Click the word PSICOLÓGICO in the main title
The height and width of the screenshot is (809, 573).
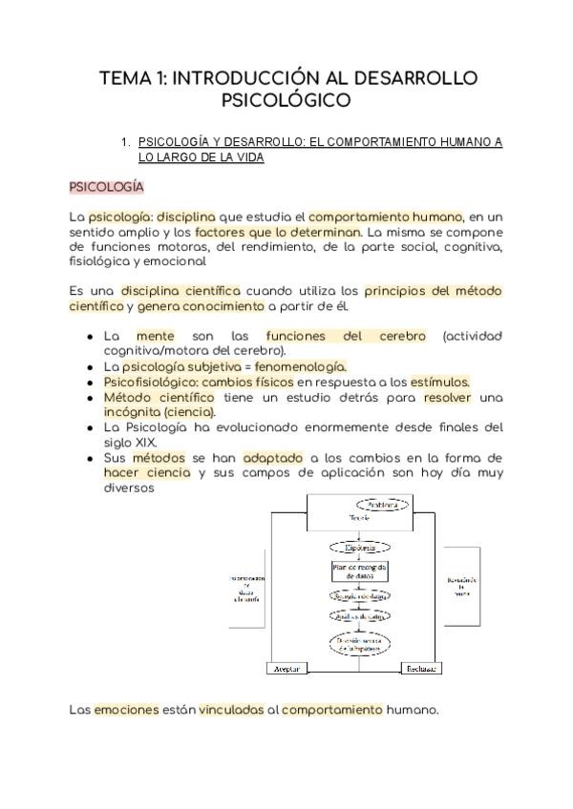[x=286, y=99]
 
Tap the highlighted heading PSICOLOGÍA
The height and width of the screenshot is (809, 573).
[x=107, y=187]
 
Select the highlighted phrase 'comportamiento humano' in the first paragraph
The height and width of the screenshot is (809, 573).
[x=386, y=217]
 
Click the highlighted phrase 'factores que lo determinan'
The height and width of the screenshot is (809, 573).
[x=278, y=232]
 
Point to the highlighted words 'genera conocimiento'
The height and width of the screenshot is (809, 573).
[x=202, y=306]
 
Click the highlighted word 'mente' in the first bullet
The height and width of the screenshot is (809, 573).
[x=156, y=337]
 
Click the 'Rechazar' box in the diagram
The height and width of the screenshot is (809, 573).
[x=421, y=669]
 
